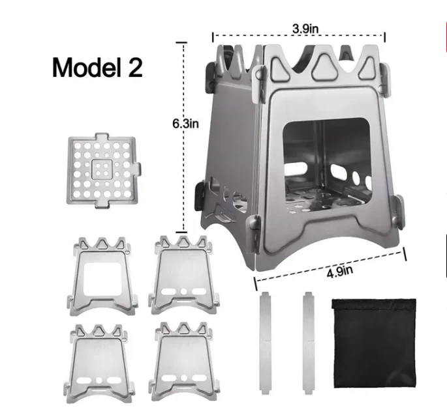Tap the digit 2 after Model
136,67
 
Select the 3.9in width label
305,29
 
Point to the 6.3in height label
185,124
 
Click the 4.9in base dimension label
339,272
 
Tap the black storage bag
375,343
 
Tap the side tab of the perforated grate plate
138,169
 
